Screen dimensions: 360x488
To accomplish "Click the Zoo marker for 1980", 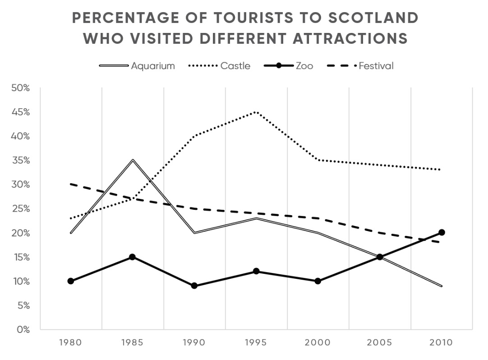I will pyautogui.click(x=70, y=281).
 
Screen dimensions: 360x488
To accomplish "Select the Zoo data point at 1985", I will pyautogui.click(x=133, y=257).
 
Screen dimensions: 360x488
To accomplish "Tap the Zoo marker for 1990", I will pyautogui.click(x=194, y=286).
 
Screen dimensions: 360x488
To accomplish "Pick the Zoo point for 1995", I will pyautogui.click(x=256, y=271).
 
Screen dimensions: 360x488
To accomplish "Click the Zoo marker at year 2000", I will pyautogui.click(x=318, y=281).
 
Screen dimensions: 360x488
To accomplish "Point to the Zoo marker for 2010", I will pyautogui.click(x=442, y=232).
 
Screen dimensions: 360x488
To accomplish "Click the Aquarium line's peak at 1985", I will pyautogui.click(x=133, y=160).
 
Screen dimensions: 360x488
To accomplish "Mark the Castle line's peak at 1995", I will pyautogui.click(x=256, y=111).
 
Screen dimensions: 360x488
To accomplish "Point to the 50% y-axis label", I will pyautogui.click(x=20, y=88).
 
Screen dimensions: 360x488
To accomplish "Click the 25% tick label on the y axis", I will pyautogui.click(x=20, y=208).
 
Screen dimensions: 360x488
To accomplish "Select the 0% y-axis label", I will pyautogui.click(x=23, y=329).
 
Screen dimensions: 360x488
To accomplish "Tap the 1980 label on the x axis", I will pyautogui.click(x=70, y=342).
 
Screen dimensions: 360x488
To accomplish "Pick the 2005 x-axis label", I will pyautogui.click(x=380, y=342).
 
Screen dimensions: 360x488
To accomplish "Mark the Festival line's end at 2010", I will pyautogui.click(x=442, y=242).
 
